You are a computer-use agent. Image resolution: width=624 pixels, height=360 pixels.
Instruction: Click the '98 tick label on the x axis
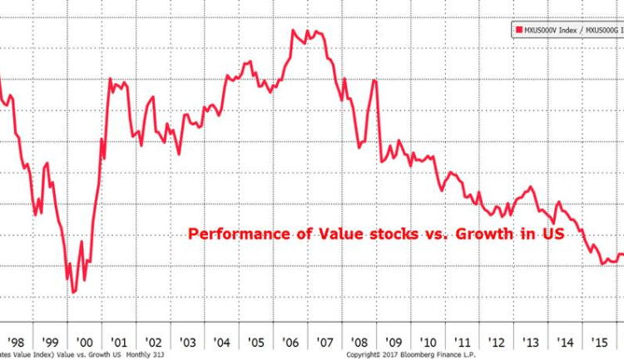14,341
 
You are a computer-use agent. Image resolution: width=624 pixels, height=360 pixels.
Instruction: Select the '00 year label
83,341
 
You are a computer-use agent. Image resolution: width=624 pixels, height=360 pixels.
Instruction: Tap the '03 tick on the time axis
186,341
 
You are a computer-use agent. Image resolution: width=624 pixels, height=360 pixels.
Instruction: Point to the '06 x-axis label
290,341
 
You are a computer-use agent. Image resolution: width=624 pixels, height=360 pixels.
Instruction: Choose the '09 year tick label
394,341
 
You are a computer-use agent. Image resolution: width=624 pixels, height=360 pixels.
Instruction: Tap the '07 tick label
325,341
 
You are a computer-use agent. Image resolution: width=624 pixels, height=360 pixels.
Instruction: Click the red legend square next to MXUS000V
518,30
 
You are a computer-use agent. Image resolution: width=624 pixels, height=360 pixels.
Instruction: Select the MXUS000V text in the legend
541,30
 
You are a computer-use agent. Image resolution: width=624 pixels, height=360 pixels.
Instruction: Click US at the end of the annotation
553,234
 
